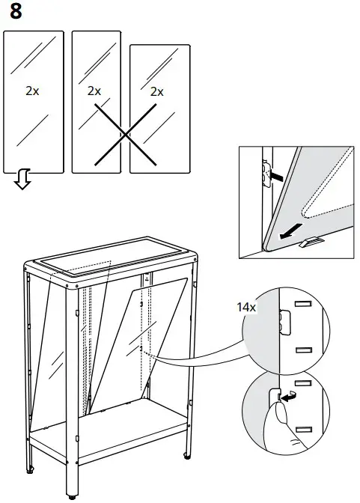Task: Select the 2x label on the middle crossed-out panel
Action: [x=94, y=91]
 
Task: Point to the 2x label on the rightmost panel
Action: [x=156, y=91]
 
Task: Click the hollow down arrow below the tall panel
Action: [x=23, y=180]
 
